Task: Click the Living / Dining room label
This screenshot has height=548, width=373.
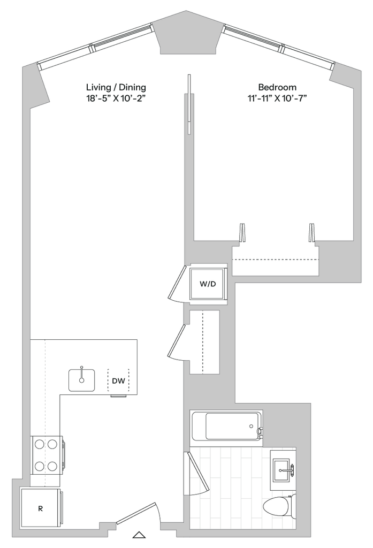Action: point(116,92)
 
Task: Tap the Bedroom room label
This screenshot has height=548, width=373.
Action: point(278,92)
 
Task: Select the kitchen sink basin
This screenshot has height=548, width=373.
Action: point(81,380)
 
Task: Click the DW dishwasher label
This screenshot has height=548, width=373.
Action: point(119,382)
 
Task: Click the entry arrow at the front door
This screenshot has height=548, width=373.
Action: point(139,534)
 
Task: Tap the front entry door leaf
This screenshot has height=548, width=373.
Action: point(136,512)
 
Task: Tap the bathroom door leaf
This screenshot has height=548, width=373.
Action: point(199,471)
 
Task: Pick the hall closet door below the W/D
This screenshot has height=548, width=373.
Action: point(177,341)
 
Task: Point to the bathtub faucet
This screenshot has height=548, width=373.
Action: point(259,430)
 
